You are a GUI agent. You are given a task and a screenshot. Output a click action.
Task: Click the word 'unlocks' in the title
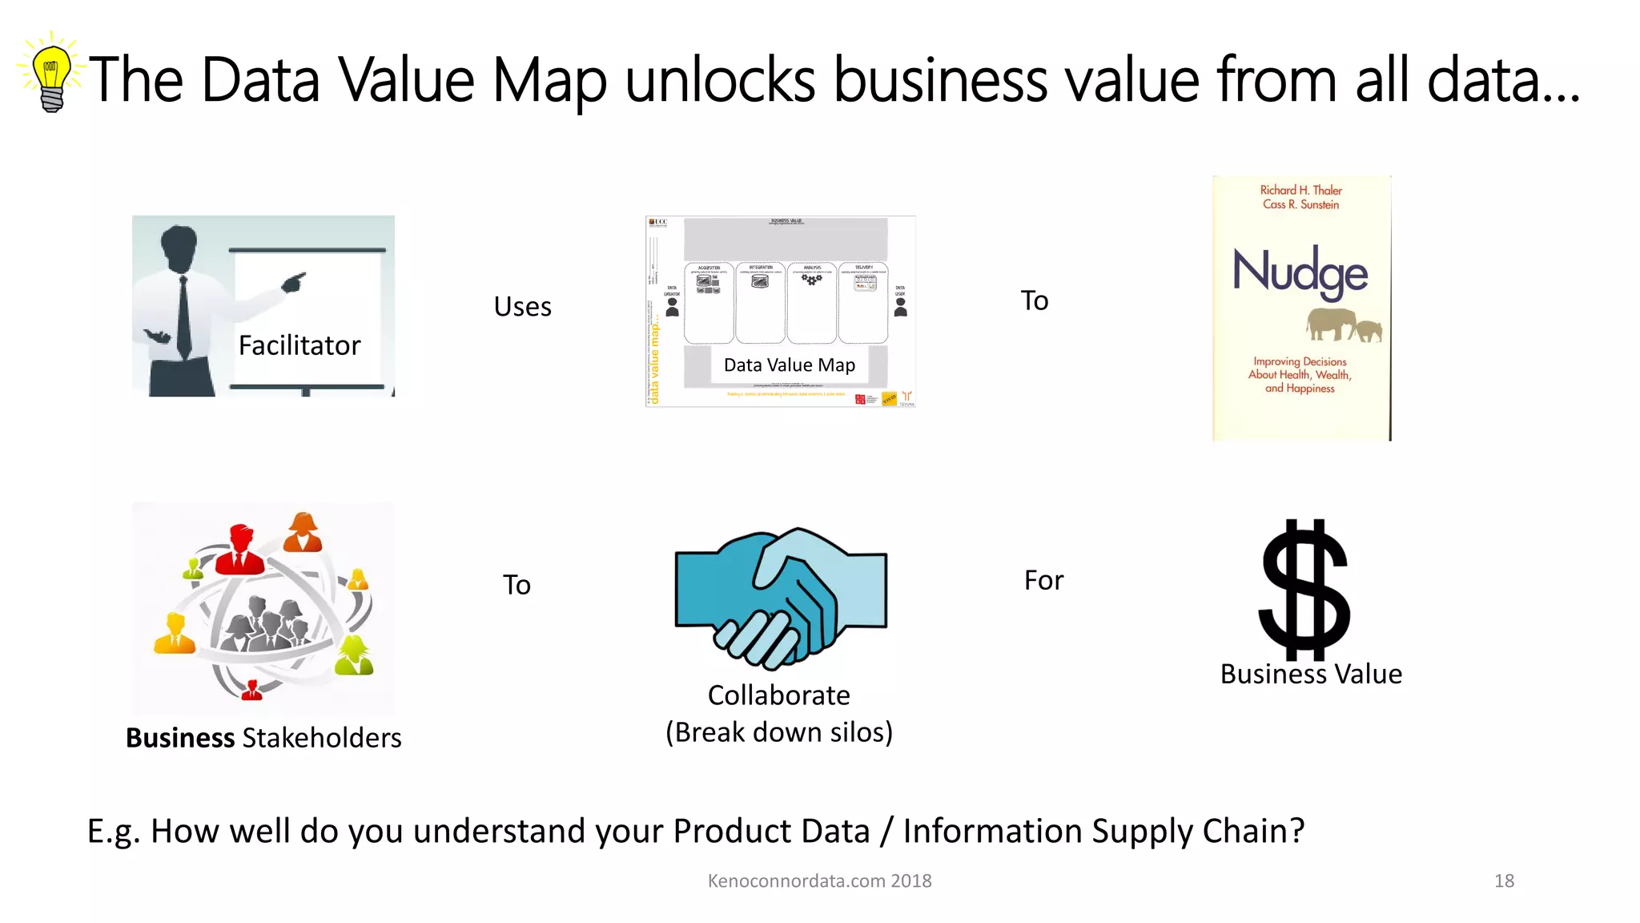(719, 80)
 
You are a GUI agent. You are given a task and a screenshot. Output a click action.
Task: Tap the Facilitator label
(299, 345)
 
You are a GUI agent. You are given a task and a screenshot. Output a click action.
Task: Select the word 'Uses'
(522, 307)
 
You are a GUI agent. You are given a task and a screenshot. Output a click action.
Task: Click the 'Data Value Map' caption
(789, 365)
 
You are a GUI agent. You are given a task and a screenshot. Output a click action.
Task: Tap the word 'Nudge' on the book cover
(1300, 272)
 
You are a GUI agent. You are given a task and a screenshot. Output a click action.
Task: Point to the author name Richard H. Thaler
(1300, 190)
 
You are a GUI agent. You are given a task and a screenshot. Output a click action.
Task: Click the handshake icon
(781, 597)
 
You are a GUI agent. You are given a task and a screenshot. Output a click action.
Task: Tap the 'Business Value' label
(1311, 675)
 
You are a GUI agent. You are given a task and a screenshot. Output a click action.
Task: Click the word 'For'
(1043, 580)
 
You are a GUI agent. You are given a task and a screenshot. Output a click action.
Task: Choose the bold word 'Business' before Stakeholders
(179, 738)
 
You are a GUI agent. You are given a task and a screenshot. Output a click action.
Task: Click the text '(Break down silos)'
(779, 732)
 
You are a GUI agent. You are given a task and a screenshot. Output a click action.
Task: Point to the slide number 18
(1504, 881)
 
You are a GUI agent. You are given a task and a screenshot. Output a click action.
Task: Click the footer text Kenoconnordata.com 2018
(819, 881)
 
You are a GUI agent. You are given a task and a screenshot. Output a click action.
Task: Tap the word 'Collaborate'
(778, 695)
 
